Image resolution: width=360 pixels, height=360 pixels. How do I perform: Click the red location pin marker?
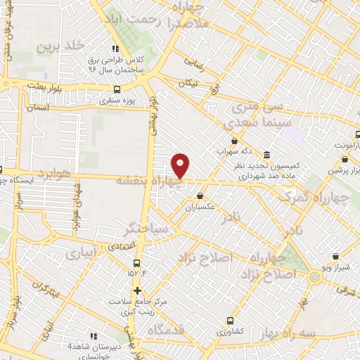click(181, 165)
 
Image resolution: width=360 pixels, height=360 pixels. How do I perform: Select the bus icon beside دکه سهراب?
click(221, 151)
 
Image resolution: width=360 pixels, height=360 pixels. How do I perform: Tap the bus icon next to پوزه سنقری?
click(117, 89)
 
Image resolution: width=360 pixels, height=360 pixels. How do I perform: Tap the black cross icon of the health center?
click(137, 290)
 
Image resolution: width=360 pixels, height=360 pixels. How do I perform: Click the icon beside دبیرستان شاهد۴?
click(94, 336)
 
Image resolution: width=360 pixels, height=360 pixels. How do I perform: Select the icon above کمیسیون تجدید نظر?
click(266, 155)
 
